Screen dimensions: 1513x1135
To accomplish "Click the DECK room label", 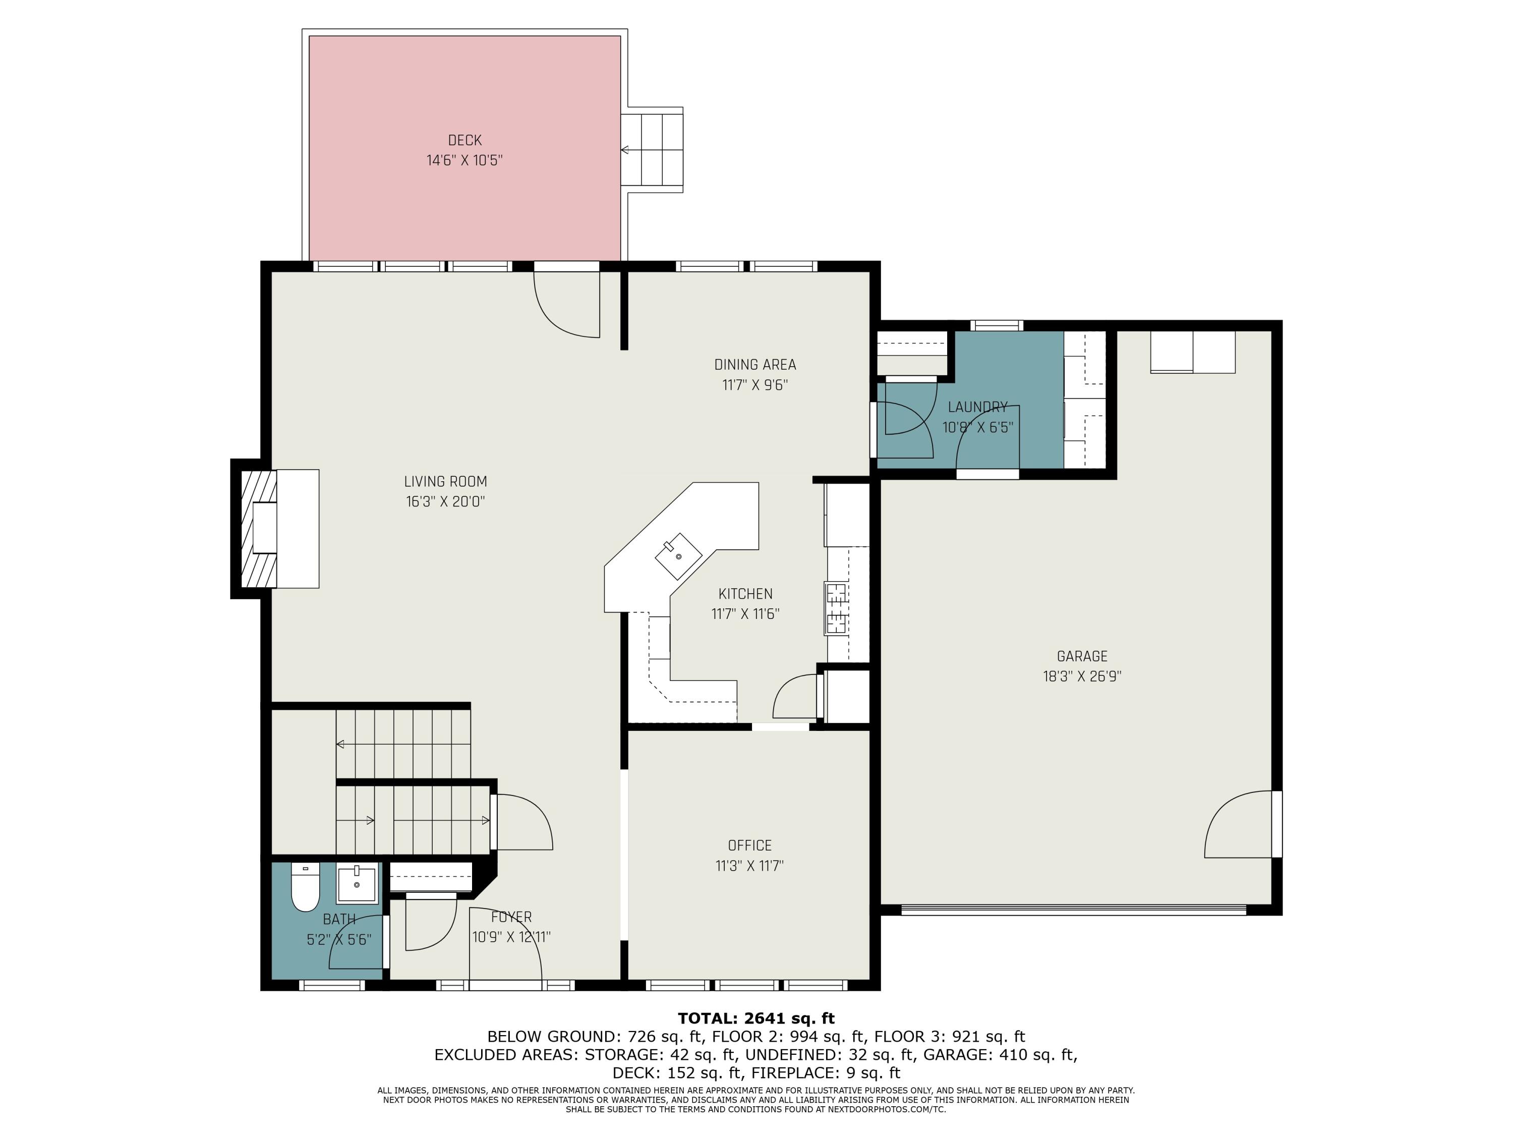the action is point(464,140).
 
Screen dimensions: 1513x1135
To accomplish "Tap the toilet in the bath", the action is point(305,887).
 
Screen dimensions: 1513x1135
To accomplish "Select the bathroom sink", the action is point(357,884).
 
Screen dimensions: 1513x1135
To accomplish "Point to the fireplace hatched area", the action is point(259,528).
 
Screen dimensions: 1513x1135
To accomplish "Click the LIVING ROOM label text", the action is point(445,482).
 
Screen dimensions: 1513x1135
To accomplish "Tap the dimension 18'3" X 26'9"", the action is point(1082,676).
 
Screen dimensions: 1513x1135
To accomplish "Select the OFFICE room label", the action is point(749,845).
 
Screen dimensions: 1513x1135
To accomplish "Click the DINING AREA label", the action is point(755,365).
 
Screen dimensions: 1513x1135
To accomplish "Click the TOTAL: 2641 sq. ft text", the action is point(756,1018).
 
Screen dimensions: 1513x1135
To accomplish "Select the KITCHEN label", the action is point(745,594).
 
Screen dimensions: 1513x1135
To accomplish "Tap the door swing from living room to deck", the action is point(566,305).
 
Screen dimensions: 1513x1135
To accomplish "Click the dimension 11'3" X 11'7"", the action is point(749,866).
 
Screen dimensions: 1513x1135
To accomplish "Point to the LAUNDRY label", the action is point(977,407).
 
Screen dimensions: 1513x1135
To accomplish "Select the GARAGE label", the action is point(1082,656).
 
